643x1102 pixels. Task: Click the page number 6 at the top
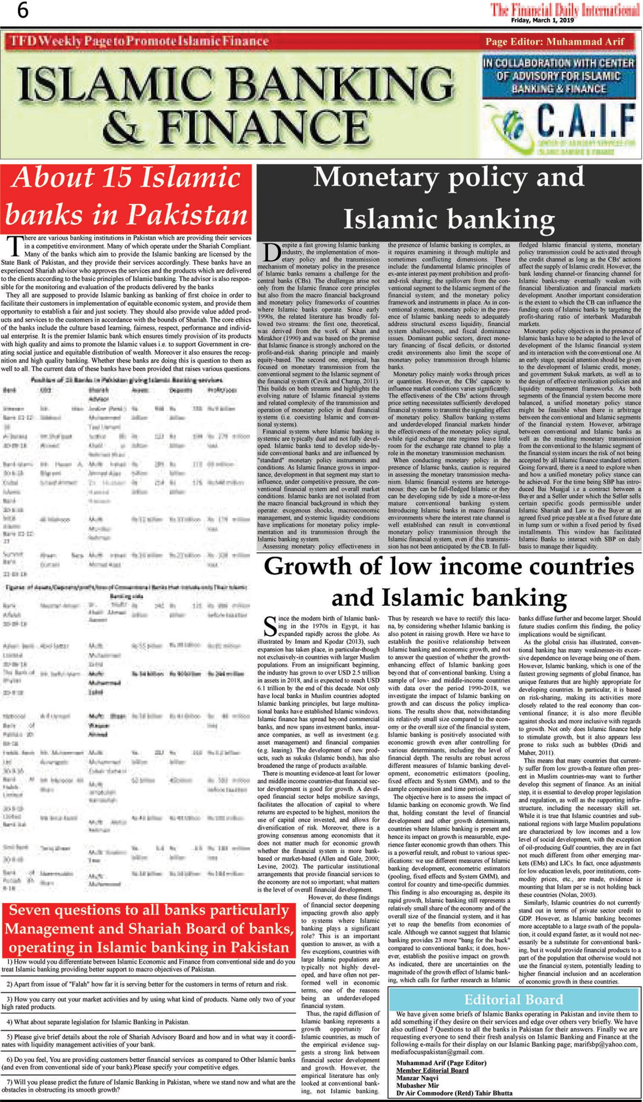(22, 11)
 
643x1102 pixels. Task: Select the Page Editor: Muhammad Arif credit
(554, 42)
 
